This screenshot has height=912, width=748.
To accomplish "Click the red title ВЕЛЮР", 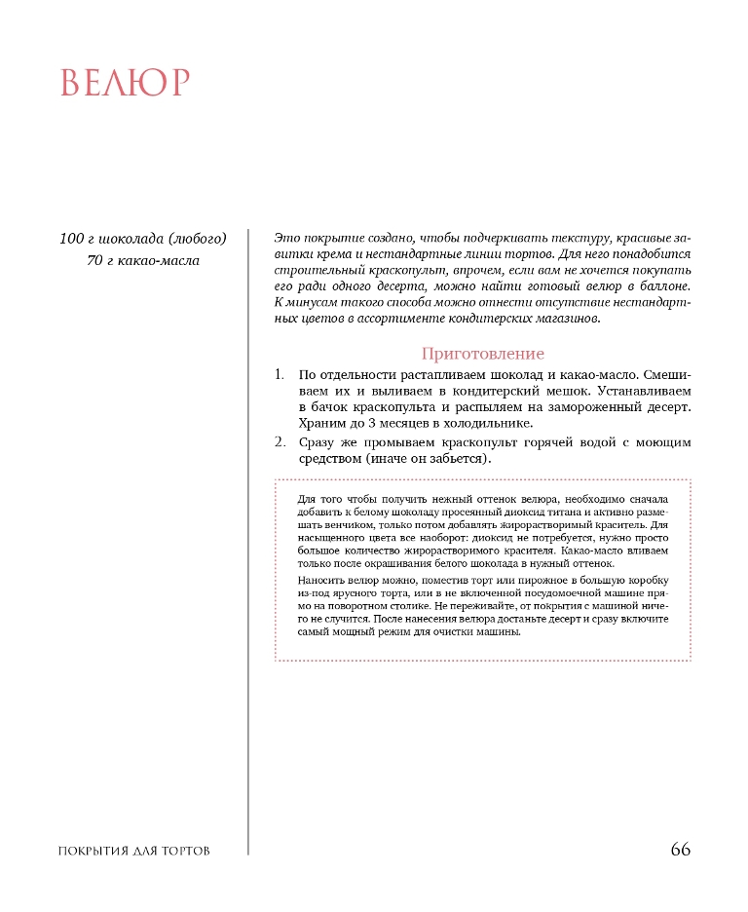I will [124, 83].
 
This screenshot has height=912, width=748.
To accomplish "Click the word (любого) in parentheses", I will [197, 239].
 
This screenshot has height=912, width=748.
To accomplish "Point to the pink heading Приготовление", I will [482, 354].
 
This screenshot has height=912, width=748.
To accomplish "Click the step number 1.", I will [279, 374].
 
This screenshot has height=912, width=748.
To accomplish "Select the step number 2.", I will [280, 442].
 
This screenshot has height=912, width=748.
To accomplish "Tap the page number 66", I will [680, 850].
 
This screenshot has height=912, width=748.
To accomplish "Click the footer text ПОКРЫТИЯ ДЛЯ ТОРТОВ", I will [134, 852].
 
